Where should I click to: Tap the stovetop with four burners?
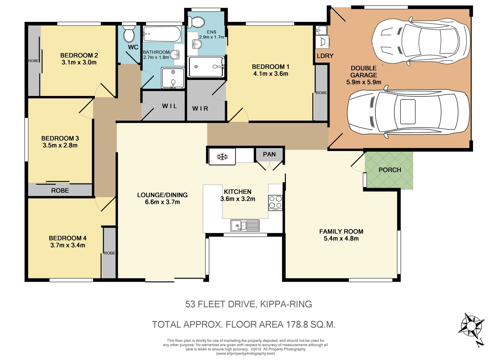click(x=275, y=203)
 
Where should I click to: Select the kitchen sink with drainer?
click(x=245, y=225)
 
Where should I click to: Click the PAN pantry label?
click(x=269, y=154)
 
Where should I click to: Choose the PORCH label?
click(x=390, y=170)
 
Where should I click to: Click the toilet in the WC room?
click(x=129, y=34)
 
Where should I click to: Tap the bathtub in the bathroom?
click(x=162, y=34)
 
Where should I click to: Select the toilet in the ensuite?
click(x=196, y=22)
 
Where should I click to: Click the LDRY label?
click(x=325, y=56)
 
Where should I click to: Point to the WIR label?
click(x=200, y=109)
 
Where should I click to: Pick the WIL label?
click(x=170, y=106)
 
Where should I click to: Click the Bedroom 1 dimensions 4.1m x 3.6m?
click(x=271, y=74)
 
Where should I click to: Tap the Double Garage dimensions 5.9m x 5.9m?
click(x=363, y=82)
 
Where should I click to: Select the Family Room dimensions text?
click(x=341, y=239)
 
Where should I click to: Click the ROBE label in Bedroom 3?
click(x=60, y=191)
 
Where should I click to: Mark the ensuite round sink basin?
click(x=197, y=44)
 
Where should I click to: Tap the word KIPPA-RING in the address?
click(x=286, y=304)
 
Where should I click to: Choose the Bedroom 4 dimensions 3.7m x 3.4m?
click(x=68, y=245)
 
